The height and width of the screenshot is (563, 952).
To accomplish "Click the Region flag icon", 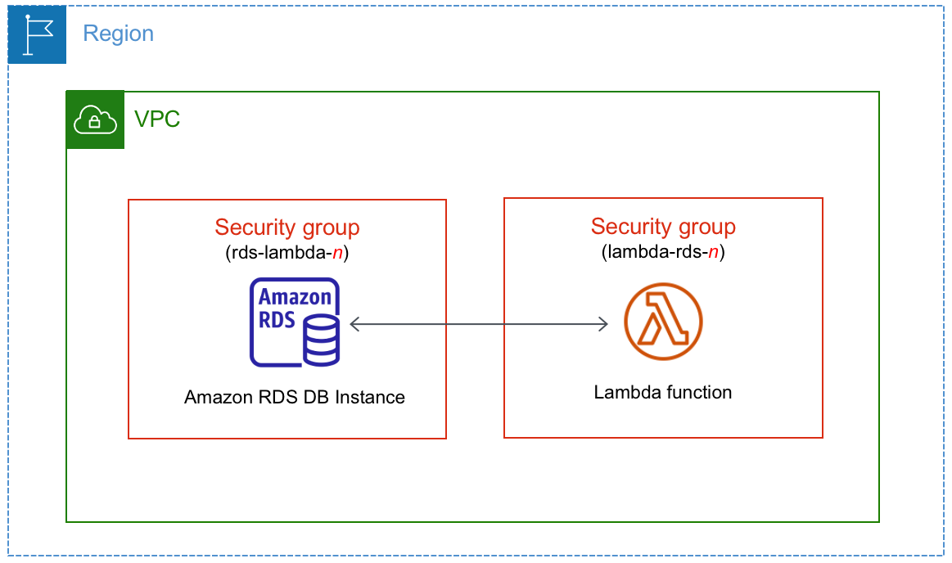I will tap(37, 34).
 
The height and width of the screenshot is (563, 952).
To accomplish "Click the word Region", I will tap(119, 34).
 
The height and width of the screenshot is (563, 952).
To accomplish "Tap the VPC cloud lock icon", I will tap(95, 120).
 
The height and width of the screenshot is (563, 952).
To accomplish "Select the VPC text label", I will tap(157, 119).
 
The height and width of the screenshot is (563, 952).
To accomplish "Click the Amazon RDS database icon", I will tap(295, 322).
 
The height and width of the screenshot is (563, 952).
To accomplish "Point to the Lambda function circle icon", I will tap(663, 322).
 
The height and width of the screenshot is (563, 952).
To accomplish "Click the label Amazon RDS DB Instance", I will tap(295, 398).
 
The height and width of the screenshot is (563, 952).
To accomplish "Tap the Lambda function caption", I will tap(663, 393).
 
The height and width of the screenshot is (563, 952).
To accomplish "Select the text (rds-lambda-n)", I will tap(287, 253).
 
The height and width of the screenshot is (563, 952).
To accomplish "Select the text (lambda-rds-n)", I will tap(663, 252).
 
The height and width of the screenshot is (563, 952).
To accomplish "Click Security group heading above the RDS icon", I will tap(287, 227).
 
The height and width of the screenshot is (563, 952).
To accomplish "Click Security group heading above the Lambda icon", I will tap(663, 227).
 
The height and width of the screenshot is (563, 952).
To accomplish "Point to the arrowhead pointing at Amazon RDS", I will tap(354, 324).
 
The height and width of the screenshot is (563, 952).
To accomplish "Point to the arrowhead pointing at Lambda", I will tap(603, 324).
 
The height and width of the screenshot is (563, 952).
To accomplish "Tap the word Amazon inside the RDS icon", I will tap(296, 297).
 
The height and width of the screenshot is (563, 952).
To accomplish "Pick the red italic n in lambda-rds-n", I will tap(714, 252).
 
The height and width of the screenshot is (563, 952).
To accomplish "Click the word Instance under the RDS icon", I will tap(372, 398).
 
